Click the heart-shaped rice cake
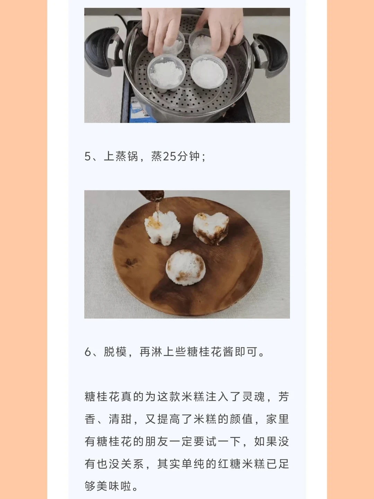[211, 228]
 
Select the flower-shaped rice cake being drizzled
[162, 228]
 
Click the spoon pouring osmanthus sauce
[152, 196]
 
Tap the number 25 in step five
[170, 156]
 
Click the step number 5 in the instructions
[87, 156]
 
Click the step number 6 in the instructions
[88, 352]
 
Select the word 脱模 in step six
[115, 352]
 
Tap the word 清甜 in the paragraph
[120, 419]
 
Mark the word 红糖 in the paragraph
[229, 464]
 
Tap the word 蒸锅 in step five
[127, 156]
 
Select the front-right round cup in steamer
[209, 72]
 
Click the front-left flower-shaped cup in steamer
[167, 73]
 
